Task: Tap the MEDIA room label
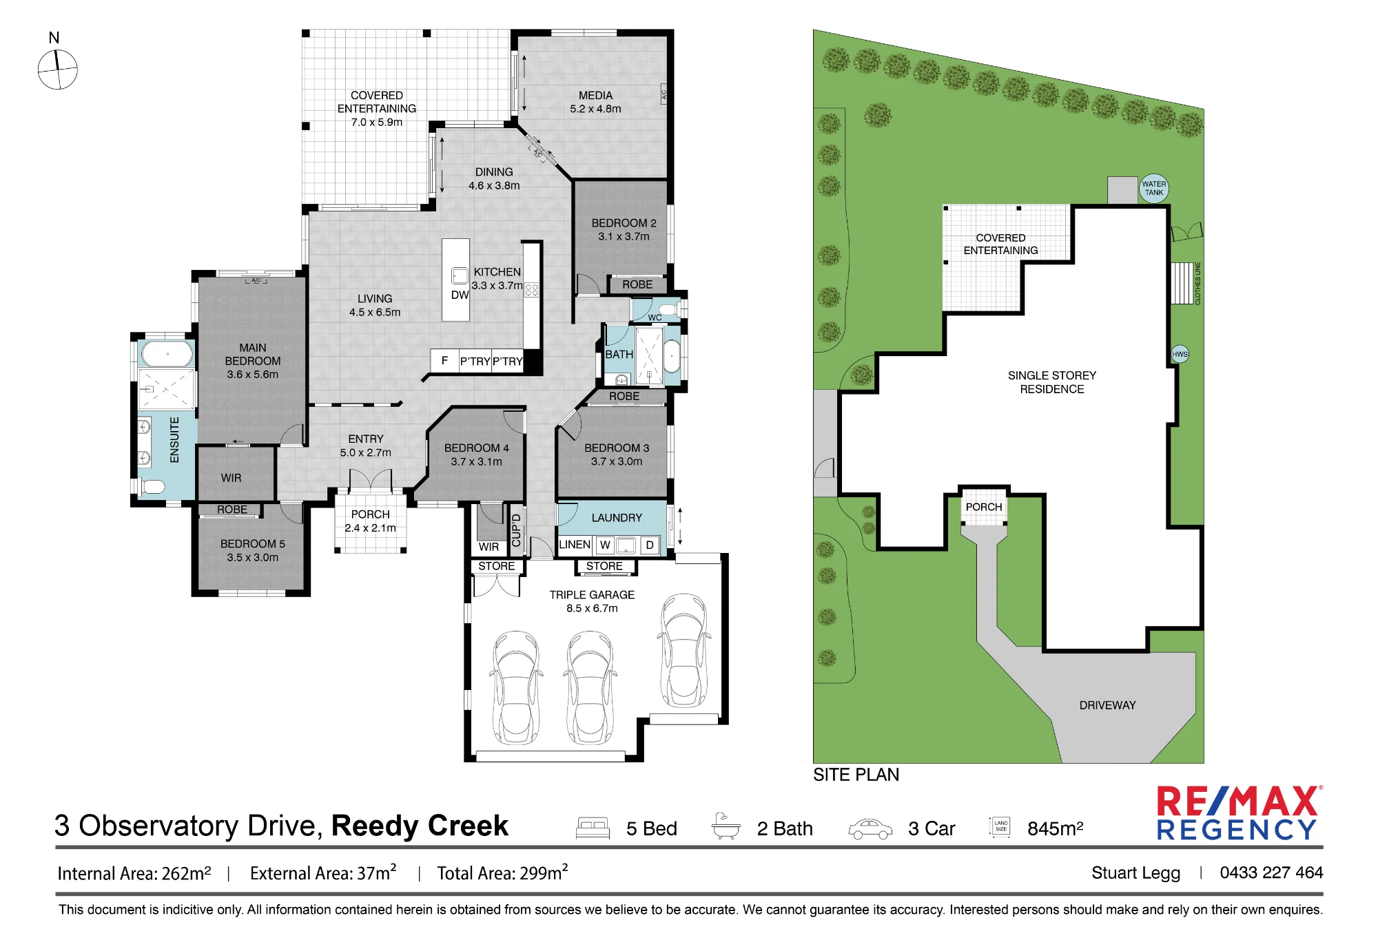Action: coord(595,96)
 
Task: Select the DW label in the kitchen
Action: coord(460,295)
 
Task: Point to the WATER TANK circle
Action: coord(1153,188)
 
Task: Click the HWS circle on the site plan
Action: coord(1180,355)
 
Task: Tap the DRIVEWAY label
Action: coord(1107,705)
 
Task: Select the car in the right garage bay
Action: coord(684,650)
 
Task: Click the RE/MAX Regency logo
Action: coord(1238,813)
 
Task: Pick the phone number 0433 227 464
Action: coord(1271,873)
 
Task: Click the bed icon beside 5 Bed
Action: coord(593,828)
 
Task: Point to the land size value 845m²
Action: coord(1055,828)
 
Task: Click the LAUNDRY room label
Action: coord(617,518)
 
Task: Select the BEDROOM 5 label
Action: coord(252,544)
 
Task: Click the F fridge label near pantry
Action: coord(444,360)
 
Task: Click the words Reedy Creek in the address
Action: coord(420,826)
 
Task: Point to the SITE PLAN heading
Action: coord(856,775)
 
